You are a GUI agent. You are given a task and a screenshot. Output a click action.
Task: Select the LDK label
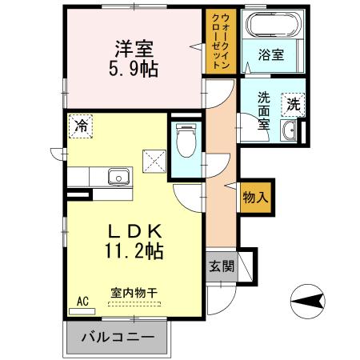coord(133,230)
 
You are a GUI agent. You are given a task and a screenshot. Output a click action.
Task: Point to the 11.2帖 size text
coord(133,251)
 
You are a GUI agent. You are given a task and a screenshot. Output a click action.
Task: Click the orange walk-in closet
coord(219,42)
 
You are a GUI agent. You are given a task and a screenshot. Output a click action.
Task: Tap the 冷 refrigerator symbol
coord(81,125)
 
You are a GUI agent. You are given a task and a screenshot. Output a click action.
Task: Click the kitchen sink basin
coord(118,176)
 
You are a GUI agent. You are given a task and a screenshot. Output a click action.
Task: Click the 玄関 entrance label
coord(222,266)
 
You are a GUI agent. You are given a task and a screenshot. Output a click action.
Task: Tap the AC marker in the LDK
coord(82,302)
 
